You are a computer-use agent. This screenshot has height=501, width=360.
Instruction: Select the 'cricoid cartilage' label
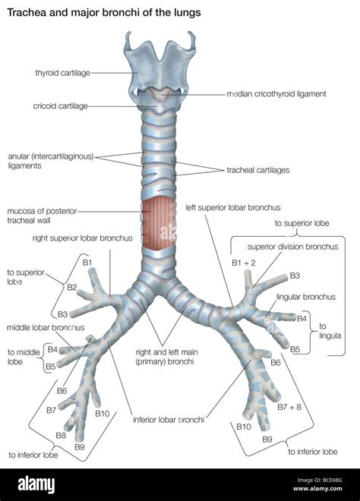click(x=64, y=106)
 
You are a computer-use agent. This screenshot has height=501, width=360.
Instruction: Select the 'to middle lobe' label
click(x=23, y=358)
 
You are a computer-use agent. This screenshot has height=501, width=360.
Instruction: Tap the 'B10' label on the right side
click(x=243, y=427)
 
